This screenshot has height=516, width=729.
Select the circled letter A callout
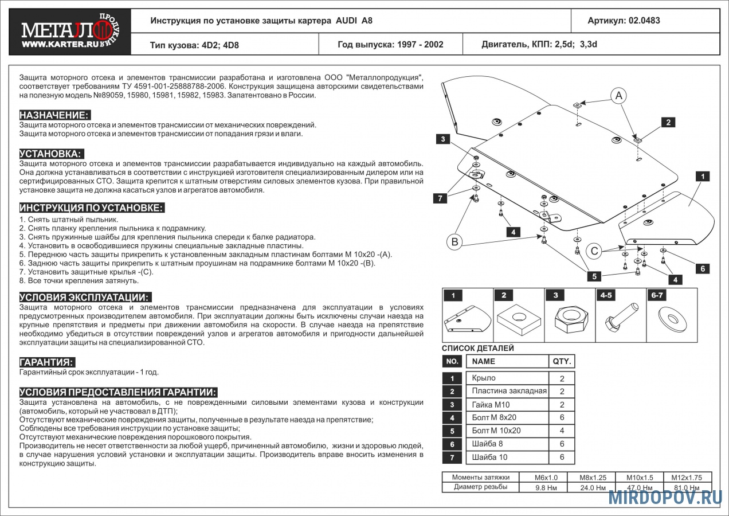tap(619, 96)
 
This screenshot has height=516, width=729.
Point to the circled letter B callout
tap(454, 242)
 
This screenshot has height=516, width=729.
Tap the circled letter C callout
tap(594, 251)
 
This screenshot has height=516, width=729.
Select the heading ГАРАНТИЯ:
tap(47, 362)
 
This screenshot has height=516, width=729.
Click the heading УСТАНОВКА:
tap(52, 154)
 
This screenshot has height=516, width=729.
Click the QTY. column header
tap(562, 362)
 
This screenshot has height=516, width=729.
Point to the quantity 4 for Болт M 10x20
tap(562, 431)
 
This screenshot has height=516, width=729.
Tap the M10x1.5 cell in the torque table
tap(639, 477)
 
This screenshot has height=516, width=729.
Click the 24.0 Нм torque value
tap(593, 488)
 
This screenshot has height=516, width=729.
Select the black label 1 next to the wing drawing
tap(703, 177)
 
